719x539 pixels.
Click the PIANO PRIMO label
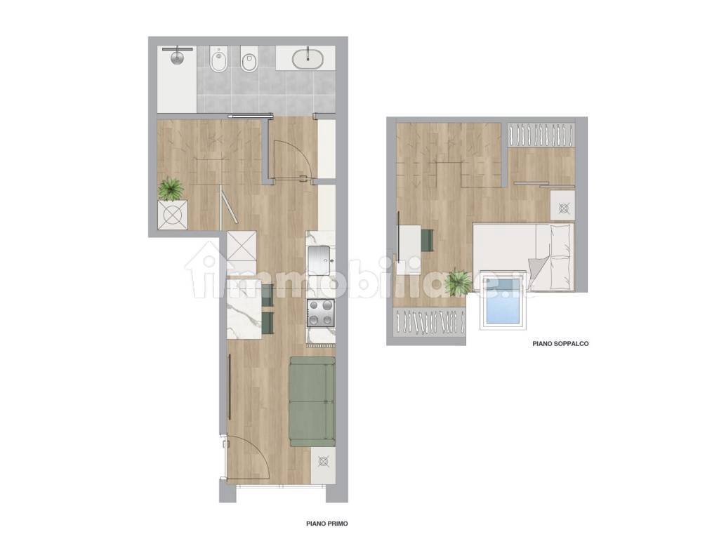327,524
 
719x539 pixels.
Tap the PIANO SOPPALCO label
560,343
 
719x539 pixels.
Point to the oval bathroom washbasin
308,60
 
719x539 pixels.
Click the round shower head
178,58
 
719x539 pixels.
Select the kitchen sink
320,260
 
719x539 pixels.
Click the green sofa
312,401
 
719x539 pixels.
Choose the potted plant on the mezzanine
458,281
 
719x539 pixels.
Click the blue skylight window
503,300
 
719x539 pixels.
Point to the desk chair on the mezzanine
428,241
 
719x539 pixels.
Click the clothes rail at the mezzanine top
541,135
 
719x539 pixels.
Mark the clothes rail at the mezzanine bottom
430,320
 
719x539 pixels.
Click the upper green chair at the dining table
268,294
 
